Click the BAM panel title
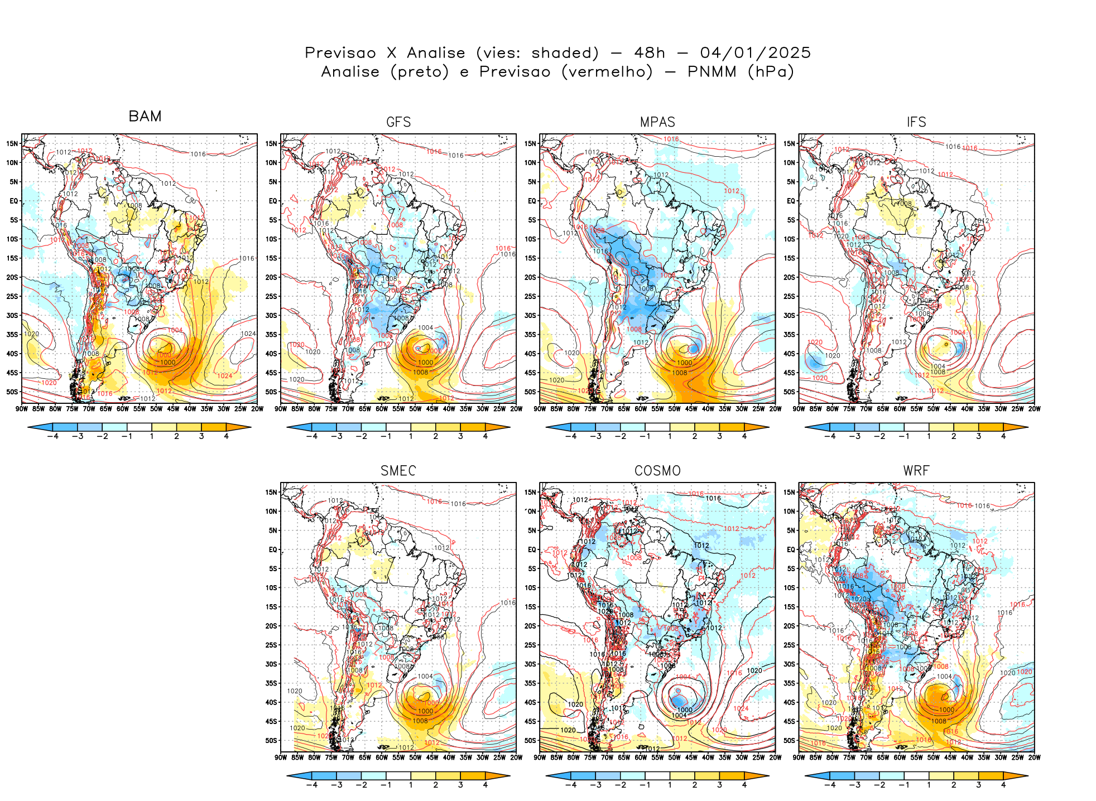(x=145, y=116)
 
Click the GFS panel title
(x=398, y=122)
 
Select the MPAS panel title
(x=657, y=122)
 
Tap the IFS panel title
(x=916, y=122)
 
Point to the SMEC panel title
(x=398, y=471)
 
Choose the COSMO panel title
(x=657, y=471)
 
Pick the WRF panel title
(x=916, y=471)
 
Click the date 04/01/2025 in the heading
(x=755, y=53)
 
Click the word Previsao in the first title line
(x=340, y=53)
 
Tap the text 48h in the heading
(x=650, y=53)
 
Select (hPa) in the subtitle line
(x=771, y=72)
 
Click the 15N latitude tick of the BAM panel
(x=12, y=144)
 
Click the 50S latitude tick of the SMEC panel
(x=271, y=741)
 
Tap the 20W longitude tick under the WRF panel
(x=1034, y=757)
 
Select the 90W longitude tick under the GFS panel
(x=281, y=409)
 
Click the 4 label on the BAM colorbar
(x=226, y=436)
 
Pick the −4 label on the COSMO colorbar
(x=570, y=785)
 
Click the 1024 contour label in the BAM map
(x=248, y=334)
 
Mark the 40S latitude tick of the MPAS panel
(x=530, y=354)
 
